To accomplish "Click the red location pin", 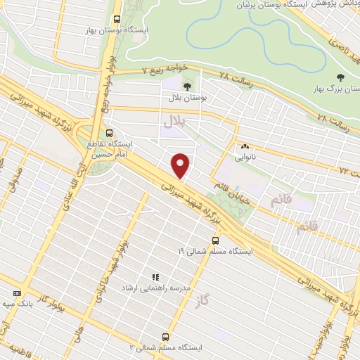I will point(181,165).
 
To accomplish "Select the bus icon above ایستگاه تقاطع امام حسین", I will point(109,132).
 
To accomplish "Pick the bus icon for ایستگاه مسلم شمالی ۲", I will point(166,336).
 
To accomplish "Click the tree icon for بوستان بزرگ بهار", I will point(341,78).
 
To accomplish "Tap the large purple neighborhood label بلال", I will point(173,121).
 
